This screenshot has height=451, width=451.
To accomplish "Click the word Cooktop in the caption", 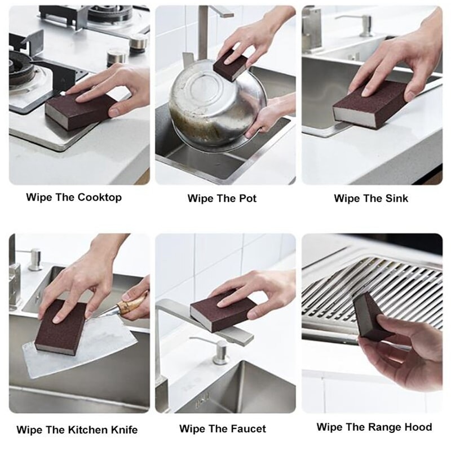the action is coord(100,198).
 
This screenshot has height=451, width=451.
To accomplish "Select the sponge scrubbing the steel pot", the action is coord(231,65).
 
